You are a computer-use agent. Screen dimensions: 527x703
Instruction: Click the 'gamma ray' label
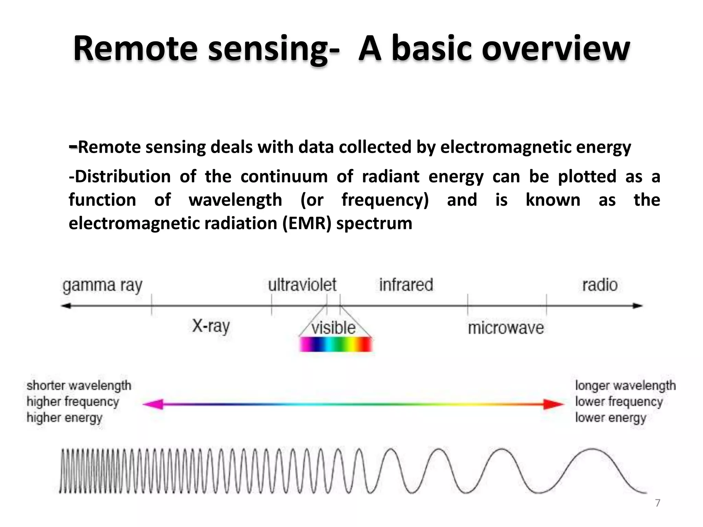click(102, 285)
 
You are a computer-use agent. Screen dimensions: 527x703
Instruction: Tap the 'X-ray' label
click(211, 326)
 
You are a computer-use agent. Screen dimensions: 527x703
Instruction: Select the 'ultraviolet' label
click(302, 285)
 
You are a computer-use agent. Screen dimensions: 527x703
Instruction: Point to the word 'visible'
click(333, 328)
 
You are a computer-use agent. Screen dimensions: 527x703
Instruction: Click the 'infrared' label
click(406, 285)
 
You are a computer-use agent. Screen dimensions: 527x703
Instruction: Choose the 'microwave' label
click(506, 328)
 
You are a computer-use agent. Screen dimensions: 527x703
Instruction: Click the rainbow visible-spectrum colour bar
click(336, 344)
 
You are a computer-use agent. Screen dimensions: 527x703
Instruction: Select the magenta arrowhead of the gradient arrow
click(153, 404)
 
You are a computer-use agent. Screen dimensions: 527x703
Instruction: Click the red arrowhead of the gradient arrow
click(553, 404)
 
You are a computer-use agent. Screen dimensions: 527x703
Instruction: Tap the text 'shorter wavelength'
click(79, 386)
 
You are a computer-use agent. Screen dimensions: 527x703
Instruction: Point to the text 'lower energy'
click(611, 418)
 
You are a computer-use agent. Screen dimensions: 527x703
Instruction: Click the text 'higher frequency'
click(73, 401)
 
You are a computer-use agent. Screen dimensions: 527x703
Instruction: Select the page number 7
click(657, 503)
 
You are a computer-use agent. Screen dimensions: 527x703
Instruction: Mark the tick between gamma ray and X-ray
click(151, 305)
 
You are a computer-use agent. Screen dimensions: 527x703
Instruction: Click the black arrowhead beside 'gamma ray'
click(66, 305)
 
